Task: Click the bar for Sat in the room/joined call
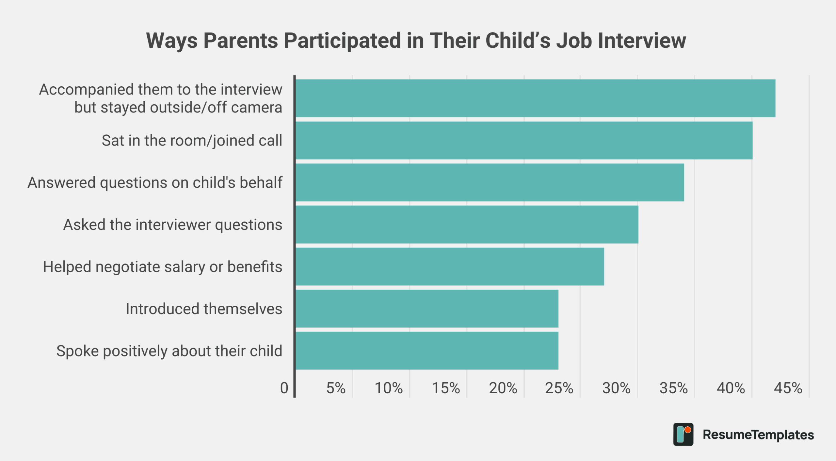pos(524,141)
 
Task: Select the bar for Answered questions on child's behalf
pos(490,182)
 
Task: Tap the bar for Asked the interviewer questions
pos(467,225)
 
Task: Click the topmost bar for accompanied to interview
pos(536,98)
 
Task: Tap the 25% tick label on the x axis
pos(559,388)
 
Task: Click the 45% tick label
pos(788,388)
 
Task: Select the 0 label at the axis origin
pos(284,388)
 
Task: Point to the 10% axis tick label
pos(389,388)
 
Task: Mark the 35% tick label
pos(673,388)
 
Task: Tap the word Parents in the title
pos(241,41)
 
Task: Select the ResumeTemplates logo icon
pos(683,435)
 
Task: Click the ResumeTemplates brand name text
pos(758,435)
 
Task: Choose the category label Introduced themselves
pos(204,309)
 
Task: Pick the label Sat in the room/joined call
pos(192,141)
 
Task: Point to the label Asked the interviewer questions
pos(173,225)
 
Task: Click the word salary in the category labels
pos(184,267)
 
